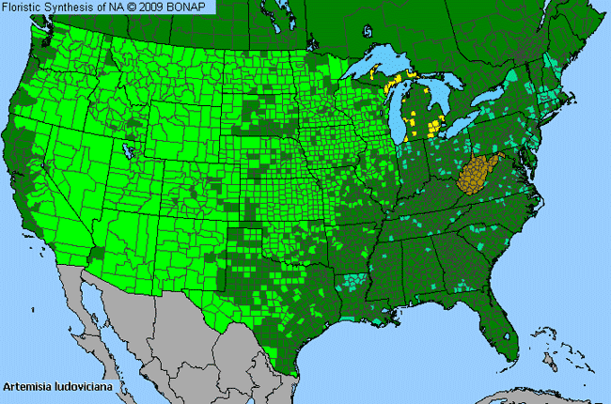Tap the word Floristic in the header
point(24,8)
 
